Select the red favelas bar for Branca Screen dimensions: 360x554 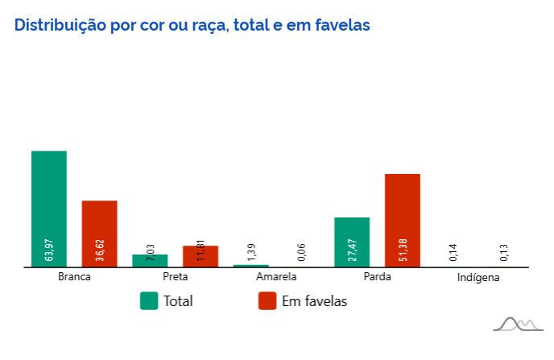click(x=99, y=230)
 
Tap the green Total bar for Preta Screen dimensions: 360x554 click(x=150, y=261)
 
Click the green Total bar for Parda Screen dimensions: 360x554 click(x=352, y=242)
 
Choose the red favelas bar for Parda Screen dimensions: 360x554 click(x=403, y=217)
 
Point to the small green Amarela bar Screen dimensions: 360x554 click(x=250, y=266)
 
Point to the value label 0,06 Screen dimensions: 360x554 click(x=301, y=252)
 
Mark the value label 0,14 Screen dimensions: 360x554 click(x=453, y=252)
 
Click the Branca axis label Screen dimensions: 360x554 click(x=74, y=277)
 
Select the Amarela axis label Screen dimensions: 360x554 click(x=276, y=277)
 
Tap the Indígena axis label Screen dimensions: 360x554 click(x=478, y=278)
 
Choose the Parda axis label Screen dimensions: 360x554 click(x=377, y=277)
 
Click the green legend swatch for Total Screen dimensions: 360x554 click(x=149, y=300)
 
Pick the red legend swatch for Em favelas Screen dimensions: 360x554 click(x=267, y=300)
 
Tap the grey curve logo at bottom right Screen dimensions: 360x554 click(x=516, y=324)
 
